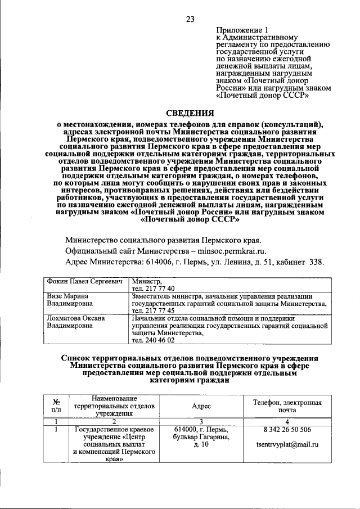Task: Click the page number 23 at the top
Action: (190, 19)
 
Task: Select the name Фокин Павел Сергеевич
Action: (84, 281)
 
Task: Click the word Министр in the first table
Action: (147, 281)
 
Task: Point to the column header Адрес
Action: (201, 406)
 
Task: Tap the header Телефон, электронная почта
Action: (286, 406)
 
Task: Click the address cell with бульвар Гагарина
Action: (201, 437)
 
